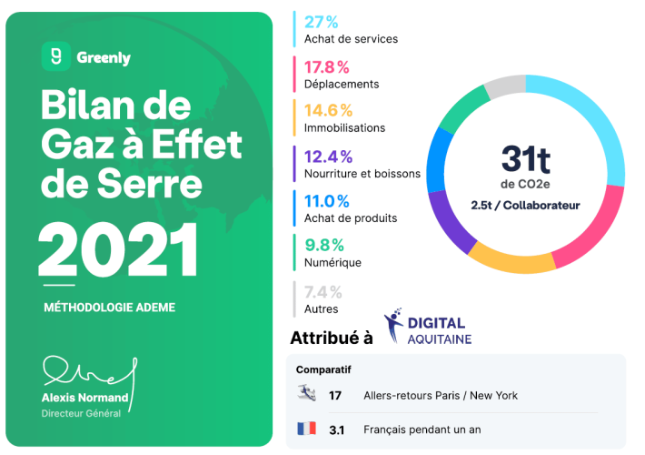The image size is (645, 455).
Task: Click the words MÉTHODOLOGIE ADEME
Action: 109,308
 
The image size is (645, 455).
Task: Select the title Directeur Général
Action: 81,414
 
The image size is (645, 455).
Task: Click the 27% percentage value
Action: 322,21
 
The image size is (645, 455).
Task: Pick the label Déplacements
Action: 342,84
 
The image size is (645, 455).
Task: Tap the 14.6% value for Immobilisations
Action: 328,110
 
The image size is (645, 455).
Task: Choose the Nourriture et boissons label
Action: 362,174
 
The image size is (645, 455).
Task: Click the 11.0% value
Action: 327,200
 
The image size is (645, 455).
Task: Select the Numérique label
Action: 332,263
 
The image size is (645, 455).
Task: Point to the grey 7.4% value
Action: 323,291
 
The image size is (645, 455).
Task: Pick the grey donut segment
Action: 504,86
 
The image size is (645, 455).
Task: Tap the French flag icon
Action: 306,428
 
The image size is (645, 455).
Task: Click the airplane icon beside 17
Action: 306,394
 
